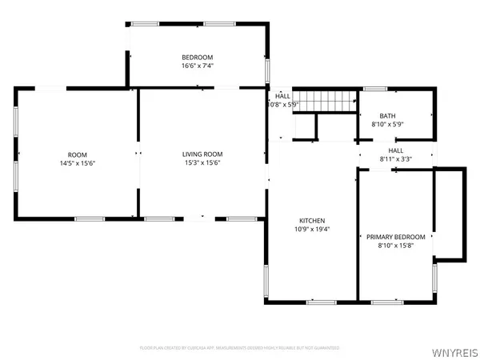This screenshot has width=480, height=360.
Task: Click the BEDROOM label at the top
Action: click(197, 57)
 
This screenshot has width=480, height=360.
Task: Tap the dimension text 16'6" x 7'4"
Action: click(197, 66)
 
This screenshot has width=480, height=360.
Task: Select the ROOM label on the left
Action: click(77, 154)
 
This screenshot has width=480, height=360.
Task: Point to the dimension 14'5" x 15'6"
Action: click(77, 164)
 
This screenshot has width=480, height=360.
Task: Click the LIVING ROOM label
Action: click(202, 154)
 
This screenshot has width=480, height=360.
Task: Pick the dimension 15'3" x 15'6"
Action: click(202, 164)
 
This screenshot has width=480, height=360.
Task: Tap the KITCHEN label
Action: click(312, 220)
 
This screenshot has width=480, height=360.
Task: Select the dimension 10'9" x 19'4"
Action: click(312, 230)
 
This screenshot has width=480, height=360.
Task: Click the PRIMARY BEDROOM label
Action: click(395, 237)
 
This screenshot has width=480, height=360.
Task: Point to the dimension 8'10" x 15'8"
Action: click(395, 246)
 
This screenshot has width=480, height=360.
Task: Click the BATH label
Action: click(388, 115)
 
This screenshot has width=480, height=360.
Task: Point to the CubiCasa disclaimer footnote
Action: click(240, 348)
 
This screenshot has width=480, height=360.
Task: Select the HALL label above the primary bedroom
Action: click(396, 150)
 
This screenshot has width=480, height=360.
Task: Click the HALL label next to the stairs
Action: click(283, 96)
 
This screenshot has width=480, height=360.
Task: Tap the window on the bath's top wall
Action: click(375, 89)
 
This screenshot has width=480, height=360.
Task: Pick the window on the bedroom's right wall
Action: click(268, 70)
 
